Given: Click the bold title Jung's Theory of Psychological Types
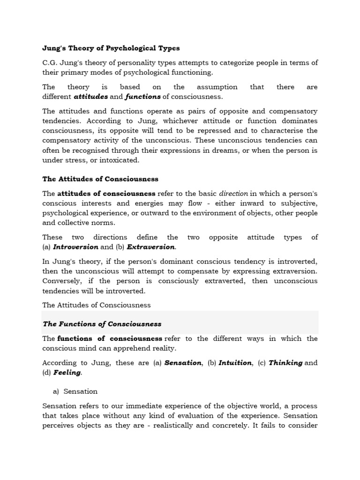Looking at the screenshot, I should click(x=111, y=48).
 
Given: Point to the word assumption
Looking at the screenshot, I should click(x=217, y=87).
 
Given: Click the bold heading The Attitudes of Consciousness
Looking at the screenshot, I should click(x=100, y=179).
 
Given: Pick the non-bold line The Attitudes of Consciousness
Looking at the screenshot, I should click(x=97, y=305).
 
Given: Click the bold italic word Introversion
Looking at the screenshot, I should click(x=75, y=247).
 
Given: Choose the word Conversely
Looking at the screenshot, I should click(x=62, y=281).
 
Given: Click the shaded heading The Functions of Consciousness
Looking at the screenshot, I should click(x=102, y=324).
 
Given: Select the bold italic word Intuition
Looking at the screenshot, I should click(x=235, y=363).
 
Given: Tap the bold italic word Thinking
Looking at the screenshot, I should click(x=285, y=363).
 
